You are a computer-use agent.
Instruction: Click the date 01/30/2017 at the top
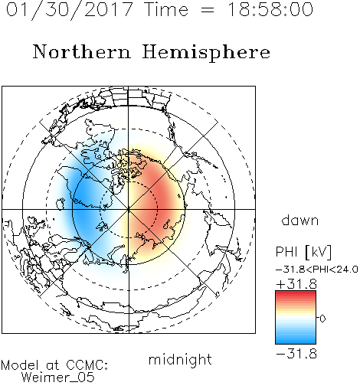click(69, 9)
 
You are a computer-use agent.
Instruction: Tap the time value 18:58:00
click(270, 9)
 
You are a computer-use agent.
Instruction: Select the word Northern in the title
click(82, 51)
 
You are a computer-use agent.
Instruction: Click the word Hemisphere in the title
click(206, 52)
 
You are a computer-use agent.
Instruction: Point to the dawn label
click(300, 220)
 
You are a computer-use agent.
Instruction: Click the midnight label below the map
click(180, 360)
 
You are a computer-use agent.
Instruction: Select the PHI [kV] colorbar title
click(303, 252)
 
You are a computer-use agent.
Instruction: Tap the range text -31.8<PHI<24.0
click(317, 270)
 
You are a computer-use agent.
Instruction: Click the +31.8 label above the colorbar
click(296, 284)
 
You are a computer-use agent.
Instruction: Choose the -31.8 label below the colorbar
click(296, 354)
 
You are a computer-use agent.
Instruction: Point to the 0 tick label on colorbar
click(322, 319)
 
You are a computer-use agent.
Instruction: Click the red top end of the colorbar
click(296, 293)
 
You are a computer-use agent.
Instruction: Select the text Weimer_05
click(58, 378)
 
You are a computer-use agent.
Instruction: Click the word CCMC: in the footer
click(87, 365)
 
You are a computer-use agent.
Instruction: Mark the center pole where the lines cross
click(129, 209)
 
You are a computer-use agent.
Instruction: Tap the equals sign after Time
click(208, 10)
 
